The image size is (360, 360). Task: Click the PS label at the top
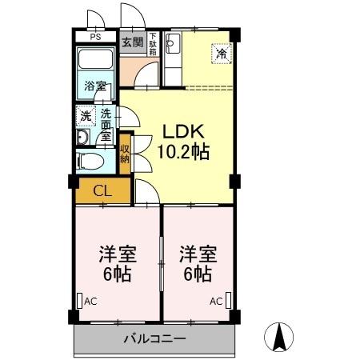tap(95, 37)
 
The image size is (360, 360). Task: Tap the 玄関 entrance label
tap(132, 42)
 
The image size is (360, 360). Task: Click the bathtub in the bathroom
tap(96, 62)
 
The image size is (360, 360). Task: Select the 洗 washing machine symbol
tap(86, 117)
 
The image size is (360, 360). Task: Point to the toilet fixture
tap(91, 161)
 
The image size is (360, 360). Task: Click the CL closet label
tap(102, 190)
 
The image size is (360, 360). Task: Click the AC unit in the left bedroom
tap(79, 302)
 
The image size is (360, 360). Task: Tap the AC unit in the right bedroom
tap(229, 301)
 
